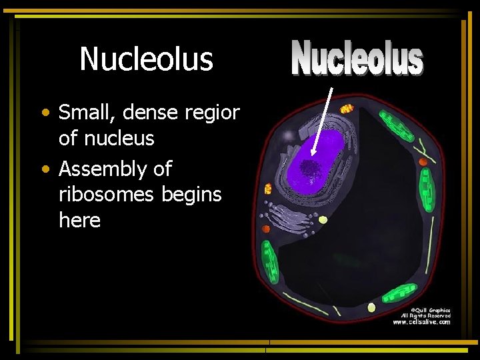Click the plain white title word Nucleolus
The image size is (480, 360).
click(146, 59)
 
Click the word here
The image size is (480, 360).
click(79, 220)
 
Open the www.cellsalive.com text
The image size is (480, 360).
click(421, 323)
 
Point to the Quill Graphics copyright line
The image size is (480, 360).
click(431, 310)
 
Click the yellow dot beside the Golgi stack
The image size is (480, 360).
click(323, 219)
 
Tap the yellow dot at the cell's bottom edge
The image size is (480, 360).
click(371, 307)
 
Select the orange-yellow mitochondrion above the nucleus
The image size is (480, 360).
click(347, 108)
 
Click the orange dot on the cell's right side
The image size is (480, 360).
click(423, 161)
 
